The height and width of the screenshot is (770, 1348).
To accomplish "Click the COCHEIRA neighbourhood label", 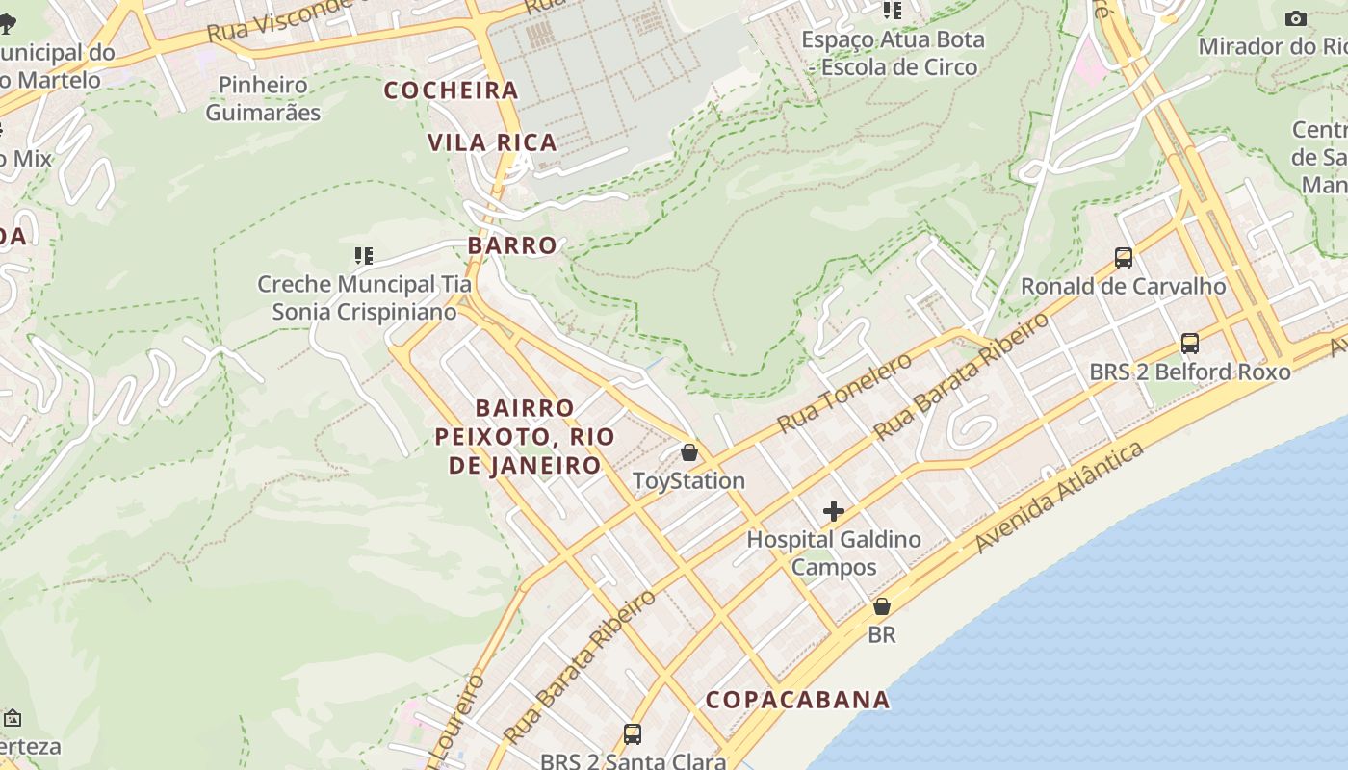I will tap(452, 90).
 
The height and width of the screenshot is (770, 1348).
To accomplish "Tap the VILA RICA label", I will tap(492, 142).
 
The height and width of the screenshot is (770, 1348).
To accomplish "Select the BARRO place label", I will tap(512, 245).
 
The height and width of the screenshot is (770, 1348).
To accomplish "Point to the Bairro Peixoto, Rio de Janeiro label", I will tap(525, 437).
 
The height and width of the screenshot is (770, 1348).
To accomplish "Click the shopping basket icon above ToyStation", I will tap(689, 452).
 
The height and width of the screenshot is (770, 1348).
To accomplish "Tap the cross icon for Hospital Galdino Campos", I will tap(834, 511).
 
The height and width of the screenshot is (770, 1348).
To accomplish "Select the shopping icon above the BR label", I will tap(882, 606).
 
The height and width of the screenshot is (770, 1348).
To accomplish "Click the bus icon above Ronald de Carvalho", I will tap(1124, 257).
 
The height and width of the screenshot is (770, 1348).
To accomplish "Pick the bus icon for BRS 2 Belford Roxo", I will tap(1190, 343).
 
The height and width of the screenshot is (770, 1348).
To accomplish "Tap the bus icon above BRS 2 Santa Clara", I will tap(633, 733).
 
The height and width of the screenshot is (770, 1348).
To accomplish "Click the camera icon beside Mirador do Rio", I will tap(1296, 18).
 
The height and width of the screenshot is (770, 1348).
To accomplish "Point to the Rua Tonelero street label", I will tap(844, 393).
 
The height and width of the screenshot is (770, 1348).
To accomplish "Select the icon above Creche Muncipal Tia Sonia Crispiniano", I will tap(364, 255).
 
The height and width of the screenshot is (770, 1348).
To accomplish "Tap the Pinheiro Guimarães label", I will tap(263, 98).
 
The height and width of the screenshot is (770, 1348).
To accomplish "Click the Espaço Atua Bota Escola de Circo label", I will tap(894, 53).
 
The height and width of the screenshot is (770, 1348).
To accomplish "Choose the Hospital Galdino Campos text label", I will tap(834, 552).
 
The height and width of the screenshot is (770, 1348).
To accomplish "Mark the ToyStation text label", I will tap(688, 480).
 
